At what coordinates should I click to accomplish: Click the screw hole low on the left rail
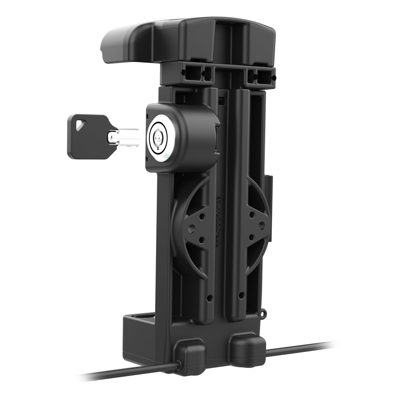click(x=209, y=298)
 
